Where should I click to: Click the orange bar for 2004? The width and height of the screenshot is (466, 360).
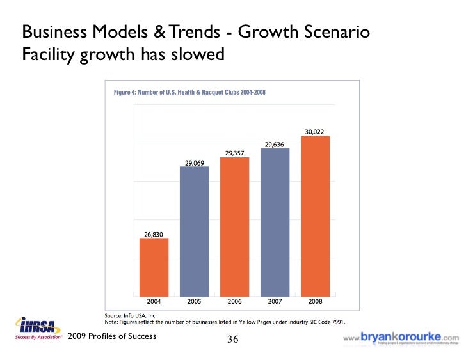click(x=154, y=266)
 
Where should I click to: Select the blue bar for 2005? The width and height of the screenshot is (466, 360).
click(x=195, y=230)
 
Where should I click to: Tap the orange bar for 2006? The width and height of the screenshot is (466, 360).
click(x=234, y=225)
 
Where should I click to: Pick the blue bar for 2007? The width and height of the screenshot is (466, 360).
click(x=275, y=221)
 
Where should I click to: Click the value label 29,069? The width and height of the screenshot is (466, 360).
click(x=195, y=163)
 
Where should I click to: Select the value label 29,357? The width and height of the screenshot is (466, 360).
click(x=234, y=152)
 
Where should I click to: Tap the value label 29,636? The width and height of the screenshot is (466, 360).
click(x=275, y=144)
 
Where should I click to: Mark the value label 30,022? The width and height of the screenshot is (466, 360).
click(x=314, y=132)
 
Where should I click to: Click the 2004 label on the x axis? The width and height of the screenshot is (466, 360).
click(x=154, y=300)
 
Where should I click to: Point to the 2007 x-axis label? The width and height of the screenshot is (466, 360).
click(x=275, y=300)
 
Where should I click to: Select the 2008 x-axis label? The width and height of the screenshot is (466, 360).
click(x=315, y=300)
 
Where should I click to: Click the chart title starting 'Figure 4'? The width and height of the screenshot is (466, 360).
click(x=189, y=93)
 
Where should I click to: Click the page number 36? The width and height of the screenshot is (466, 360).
click(x=233, y=340)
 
